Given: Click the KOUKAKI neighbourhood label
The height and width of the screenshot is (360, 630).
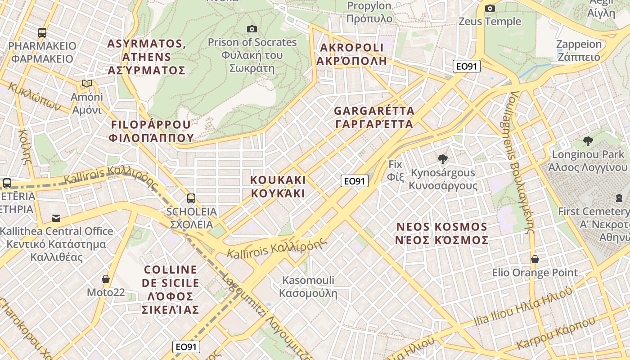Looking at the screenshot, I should pyautogui.click(x=278, y=186).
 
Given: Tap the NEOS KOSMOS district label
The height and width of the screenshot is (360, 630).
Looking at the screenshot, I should pyautogui.click(x=441, y=233).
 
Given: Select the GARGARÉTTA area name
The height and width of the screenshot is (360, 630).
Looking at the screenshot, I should pyautogui.click(x=374, y=117).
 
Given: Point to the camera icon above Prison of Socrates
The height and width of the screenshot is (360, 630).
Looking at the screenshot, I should pyautogui.click(x=252, y=29).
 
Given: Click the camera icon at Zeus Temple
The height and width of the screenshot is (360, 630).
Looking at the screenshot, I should pyautogui.click(x=490, y=9).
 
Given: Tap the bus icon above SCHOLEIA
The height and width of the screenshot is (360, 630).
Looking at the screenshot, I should pyautogui.click(x=191, y=198).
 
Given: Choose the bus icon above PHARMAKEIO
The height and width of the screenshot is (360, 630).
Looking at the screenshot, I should pyautogui.click(x=42, y=32).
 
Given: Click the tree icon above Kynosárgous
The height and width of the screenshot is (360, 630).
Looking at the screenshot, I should pyautogui.click(x=443, y=159).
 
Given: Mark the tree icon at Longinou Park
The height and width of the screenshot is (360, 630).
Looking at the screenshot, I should pyautogui.click(x=588, y=141).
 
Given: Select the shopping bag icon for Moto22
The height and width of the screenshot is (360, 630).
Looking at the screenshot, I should pyautogui.click(x=106, y=279).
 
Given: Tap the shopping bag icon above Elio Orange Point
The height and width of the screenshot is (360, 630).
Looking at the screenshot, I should pyautogui.click(x=535, y=259).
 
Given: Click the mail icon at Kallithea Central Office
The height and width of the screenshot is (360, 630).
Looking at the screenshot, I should pyautogui.click(x=56, y=218).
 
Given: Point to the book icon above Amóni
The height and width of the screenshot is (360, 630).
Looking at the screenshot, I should pyautogui.click(x=86, y=84).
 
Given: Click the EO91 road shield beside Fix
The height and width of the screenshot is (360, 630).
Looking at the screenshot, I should pyautogui.click(x=355, y=181).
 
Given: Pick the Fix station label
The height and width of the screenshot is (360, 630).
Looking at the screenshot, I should pyautogui.click(x=396, y=170).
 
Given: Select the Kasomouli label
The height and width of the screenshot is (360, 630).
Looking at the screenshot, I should pyautogui.click(x=308, y=287).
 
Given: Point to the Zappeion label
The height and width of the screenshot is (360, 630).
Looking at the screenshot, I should pyautogui.click(x=579, y=50).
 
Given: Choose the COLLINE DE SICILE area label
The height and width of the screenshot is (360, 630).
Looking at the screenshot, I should pyautogui.click(x=171, y=289).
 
